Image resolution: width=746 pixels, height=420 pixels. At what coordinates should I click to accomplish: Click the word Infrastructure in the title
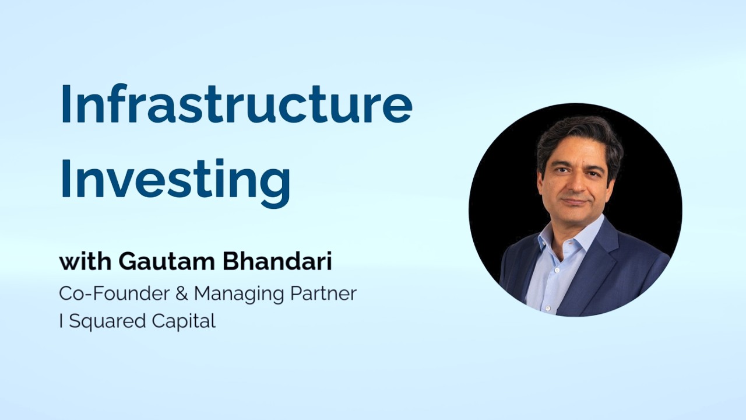[x=237, y=103]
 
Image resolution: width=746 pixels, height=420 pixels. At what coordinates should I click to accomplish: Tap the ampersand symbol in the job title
[x=181, y=293]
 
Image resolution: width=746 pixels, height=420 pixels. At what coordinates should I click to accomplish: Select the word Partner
[x=323, y=293]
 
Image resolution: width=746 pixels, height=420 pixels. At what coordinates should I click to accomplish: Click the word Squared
[x=107, y=322]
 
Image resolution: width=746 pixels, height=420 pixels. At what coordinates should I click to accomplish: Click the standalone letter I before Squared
[x=61, y=321]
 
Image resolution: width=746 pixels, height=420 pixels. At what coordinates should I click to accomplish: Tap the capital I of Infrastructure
[x=65, y=104]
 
